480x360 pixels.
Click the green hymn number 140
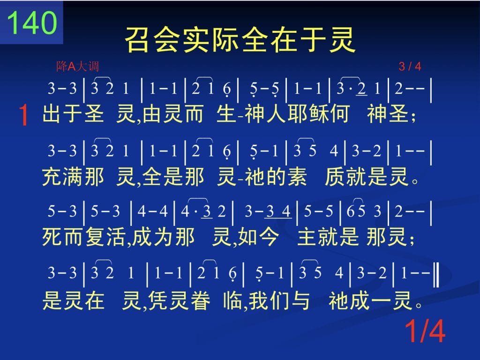pyautogui.click(x=32, y=23)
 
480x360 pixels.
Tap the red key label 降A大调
pyautogui.click(x=77, y=66)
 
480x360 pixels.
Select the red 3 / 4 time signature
pyautogui.click(x=410, y=66)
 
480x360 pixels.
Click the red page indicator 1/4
pyautogui.click(x=425, y=331)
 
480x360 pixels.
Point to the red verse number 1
pyautogui.click(x=23, y=115)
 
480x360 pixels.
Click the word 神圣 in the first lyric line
pyautogui.click(x=388, y=113)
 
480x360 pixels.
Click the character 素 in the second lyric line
pyautogui.click(x=296, y=177)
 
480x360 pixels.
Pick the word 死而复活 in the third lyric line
pyautogui.click(x=83, y=237)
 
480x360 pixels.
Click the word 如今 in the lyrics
pyautogui.click(x=258, y=237)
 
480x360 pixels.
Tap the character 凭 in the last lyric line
pyautogui.click(x=158, y=300)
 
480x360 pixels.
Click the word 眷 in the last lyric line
pyautogui.click(x=200, y=300)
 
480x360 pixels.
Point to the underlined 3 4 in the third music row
pyautogui.click(x=278, y=212)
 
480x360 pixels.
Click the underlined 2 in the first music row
pyautogui.click(x=362, y=89)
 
